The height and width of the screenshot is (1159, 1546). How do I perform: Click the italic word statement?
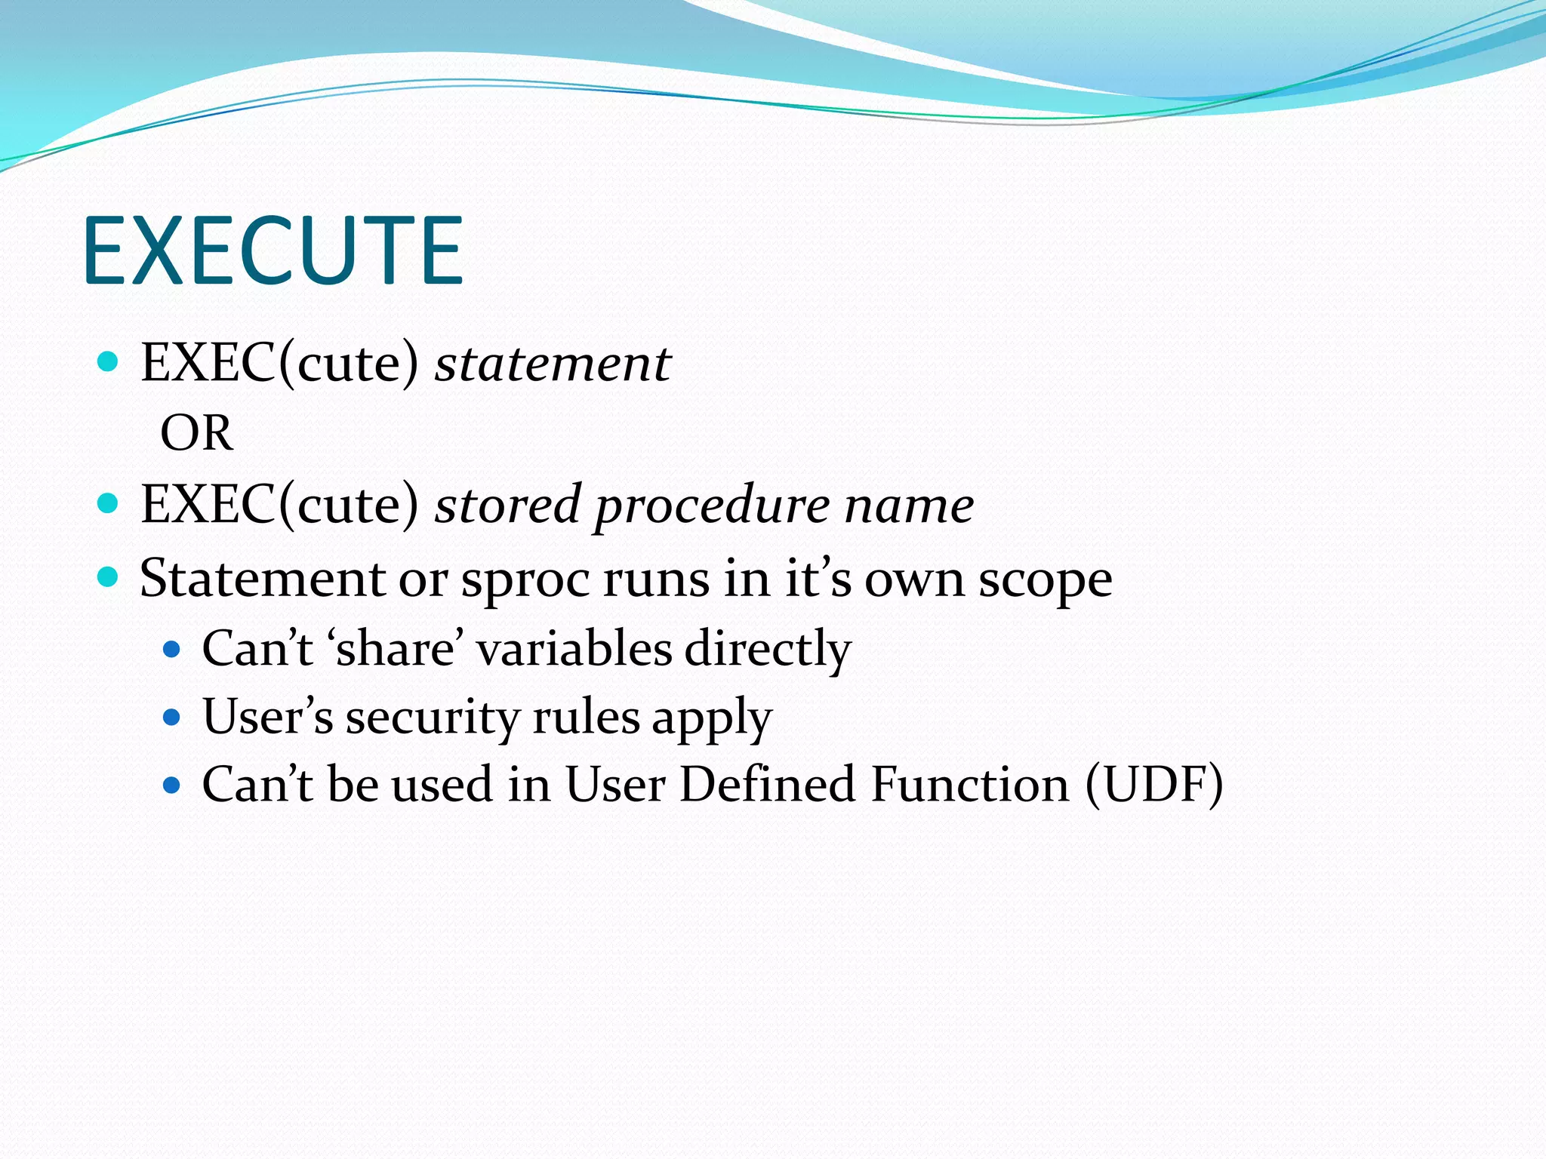(553, 364)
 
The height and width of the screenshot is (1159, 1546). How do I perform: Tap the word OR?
(196, 433)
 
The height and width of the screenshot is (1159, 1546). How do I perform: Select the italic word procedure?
(712, 505)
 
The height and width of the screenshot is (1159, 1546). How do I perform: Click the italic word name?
(909, 505)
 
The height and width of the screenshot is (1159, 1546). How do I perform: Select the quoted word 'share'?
(396, 648)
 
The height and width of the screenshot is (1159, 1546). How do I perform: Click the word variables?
(574, 648)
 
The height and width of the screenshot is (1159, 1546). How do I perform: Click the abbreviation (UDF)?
(1153, 784)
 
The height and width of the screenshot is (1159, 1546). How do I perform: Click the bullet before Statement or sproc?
(109, 578)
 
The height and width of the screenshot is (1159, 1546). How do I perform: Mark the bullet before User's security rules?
(172, 717)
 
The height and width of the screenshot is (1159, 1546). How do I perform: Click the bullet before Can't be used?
(172, 785)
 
